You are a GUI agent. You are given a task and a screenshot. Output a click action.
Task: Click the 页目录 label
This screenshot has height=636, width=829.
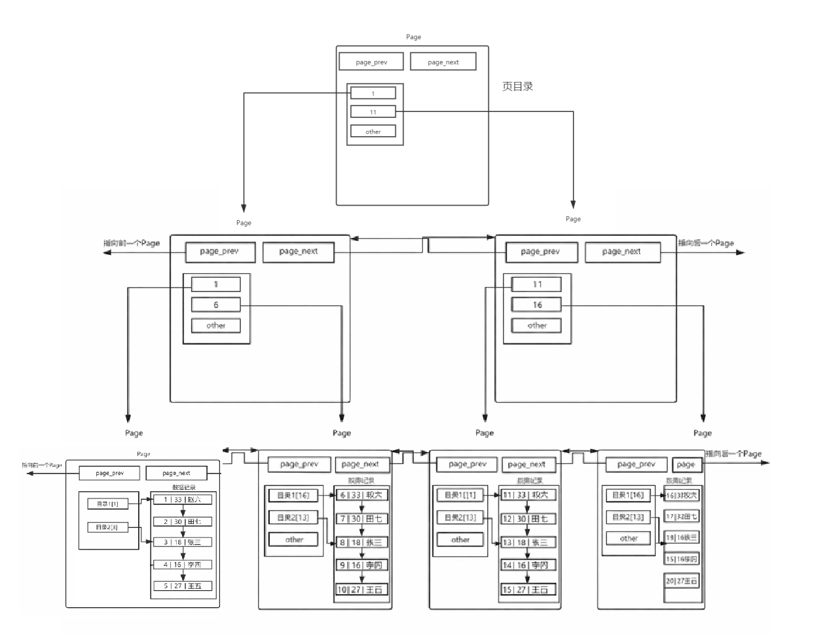point(517,86)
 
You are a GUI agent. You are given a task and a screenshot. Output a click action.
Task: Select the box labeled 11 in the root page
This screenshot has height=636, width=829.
point(373,112)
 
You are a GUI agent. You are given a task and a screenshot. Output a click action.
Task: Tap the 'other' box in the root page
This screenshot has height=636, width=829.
point(373,132)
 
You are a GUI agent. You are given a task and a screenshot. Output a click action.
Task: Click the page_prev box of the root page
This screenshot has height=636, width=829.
point(371,62)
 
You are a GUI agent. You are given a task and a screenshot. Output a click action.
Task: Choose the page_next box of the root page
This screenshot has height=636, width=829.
point(443,62)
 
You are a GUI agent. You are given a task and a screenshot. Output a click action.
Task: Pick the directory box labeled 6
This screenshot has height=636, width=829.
point(216,305)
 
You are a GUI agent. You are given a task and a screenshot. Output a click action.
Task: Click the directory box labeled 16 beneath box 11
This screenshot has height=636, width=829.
point(537,305)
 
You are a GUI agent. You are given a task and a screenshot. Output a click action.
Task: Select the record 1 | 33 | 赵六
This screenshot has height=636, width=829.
point(183,500)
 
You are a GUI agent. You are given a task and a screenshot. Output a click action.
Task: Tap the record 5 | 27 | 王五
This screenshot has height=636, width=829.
point(183,586)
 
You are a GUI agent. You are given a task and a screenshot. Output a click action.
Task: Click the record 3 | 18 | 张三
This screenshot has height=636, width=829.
point(183,542)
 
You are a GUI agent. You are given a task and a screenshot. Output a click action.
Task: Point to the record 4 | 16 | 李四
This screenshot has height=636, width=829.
point(183,565)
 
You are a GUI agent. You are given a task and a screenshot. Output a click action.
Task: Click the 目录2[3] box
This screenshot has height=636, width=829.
point(107,527)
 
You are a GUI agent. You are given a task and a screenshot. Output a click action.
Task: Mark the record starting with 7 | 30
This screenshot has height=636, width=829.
point(361,519)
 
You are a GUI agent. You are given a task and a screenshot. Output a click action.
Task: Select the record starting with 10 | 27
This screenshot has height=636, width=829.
point(361,589)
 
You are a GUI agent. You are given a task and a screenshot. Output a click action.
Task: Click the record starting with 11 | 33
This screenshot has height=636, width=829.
point(528,495)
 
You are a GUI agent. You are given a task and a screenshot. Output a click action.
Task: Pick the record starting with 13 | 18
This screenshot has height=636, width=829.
point(528,542)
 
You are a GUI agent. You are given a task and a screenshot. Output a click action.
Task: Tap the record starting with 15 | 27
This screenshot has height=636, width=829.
point(528,589)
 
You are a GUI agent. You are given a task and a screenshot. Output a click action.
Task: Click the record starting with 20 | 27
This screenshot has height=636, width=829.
point(682,581)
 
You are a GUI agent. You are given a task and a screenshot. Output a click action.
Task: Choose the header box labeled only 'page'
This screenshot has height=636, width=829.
point(686,464)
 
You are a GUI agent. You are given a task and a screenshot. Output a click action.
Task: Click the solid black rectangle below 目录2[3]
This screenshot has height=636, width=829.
point(112,578)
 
